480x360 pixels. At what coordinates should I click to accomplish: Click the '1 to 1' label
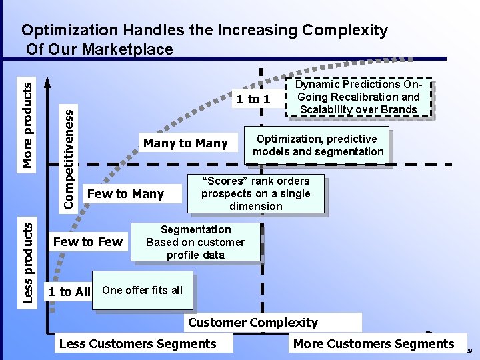click(x=253, y=99)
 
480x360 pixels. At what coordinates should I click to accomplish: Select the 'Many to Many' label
click(x=185, y=143)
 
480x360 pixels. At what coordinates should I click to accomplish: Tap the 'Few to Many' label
click(x=125, y=194)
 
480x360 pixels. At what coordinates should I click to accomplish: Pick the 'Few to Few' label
click(x=87, y=241)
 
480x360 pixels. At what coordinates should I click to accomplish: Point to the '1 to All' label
click(x=69, y=291)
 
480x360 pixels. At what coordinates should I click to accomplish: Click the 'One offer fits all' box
click(x=142, y=290)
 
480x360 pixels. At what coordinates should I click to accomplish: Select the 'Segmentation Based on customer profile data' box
click(x=195, y=242)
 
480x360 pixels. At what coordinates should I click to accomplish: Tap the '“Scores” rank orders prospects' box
click(x=256, y=193)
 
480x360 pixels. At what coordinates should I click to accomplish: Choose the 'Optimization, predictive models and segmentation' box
click(x=318, y=145)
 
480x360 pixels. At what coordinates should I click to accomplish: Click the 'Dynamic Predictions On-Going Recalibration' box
click(x=358, y=97)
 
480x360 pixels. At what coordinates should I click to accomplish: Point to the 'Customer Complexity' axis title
click(x=253, y=323)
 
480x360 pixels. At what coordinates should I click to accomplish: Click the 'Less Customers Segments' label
click(x=138, y=344)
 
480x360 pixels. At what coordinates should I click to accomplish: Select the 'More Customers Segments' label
click(x=373, y=344)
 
